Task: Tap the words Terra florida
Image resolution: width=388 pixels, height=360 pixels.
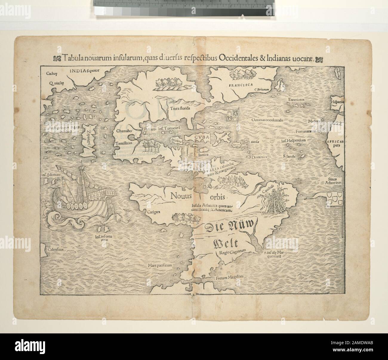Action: pos(180,109)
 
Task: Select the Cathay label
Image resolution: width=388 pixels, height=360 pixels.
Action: pos(51,73)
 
